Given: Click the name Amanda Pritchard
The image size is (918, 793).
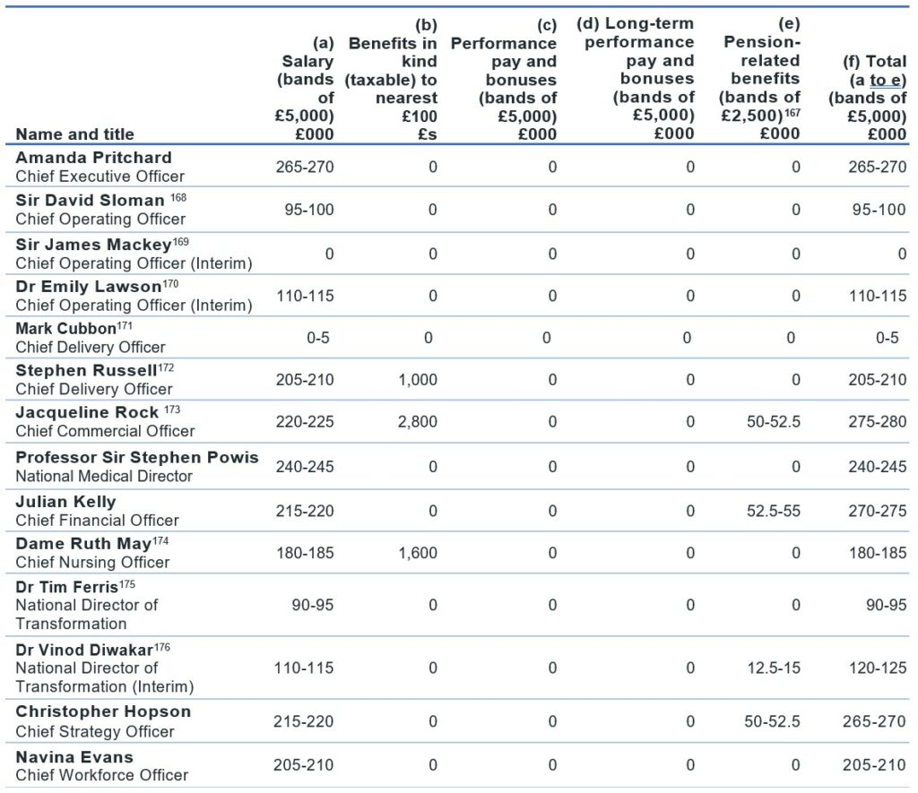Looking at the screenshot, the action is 93,158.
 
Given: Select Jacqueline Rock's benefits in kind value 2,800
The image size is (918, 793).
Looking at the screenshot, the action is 418,422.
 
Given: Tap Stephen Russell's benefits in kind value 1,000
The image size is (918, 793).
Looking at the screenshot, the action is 418,380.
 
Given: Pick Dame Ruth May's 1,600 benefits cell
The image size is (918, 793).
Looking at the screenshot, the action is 418,553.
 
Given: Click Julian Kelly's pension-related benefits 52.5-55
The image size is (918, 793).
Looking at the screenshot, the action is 774,511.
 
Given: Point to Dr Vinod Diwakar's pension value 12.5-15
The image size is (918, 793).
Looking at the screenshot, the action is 774,668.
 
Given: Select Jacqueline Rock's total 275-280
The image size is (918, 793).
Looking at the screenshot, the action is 877,422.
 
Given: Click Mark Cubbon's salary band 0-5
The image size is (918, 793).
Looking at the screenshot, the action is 318,338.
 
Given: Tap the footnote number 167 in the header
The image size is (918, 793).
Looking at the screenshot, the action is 792,112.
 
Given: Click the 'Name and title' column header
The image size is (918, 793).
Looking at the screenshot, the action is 75,134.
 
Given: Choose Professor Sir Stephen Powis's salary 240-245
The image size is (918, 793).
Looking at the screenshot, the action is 305,467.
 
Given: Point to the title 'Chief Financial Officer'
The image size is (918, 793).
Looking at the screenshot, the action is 97,521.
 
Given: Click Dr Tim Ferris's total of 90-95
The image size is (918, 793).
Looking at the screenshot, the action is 886,605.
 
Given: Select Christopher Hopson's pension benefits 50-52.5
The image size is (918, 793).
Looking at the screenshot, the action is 772,721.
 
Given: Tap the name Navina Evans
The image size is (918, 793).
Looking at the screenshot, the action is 74,757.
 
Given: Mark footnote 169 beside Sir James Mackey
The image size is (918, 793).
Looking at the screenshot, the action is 180,242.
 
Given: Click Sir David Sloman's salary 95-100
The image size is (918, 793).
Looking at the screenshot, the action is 309,210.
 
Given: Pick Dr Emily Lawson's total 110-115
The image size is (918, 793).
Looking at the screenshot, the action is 878,296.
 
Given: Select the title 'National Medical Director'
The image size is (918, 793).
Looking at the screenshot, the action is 104,477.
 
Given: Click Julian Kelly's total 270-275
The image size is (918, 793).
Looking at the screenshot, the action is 877,511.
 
